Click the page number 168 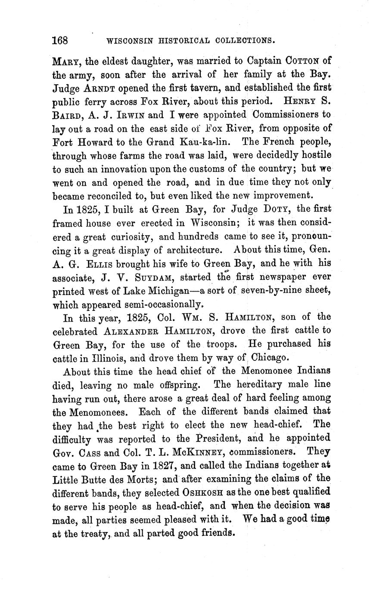tap(60, 41)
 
